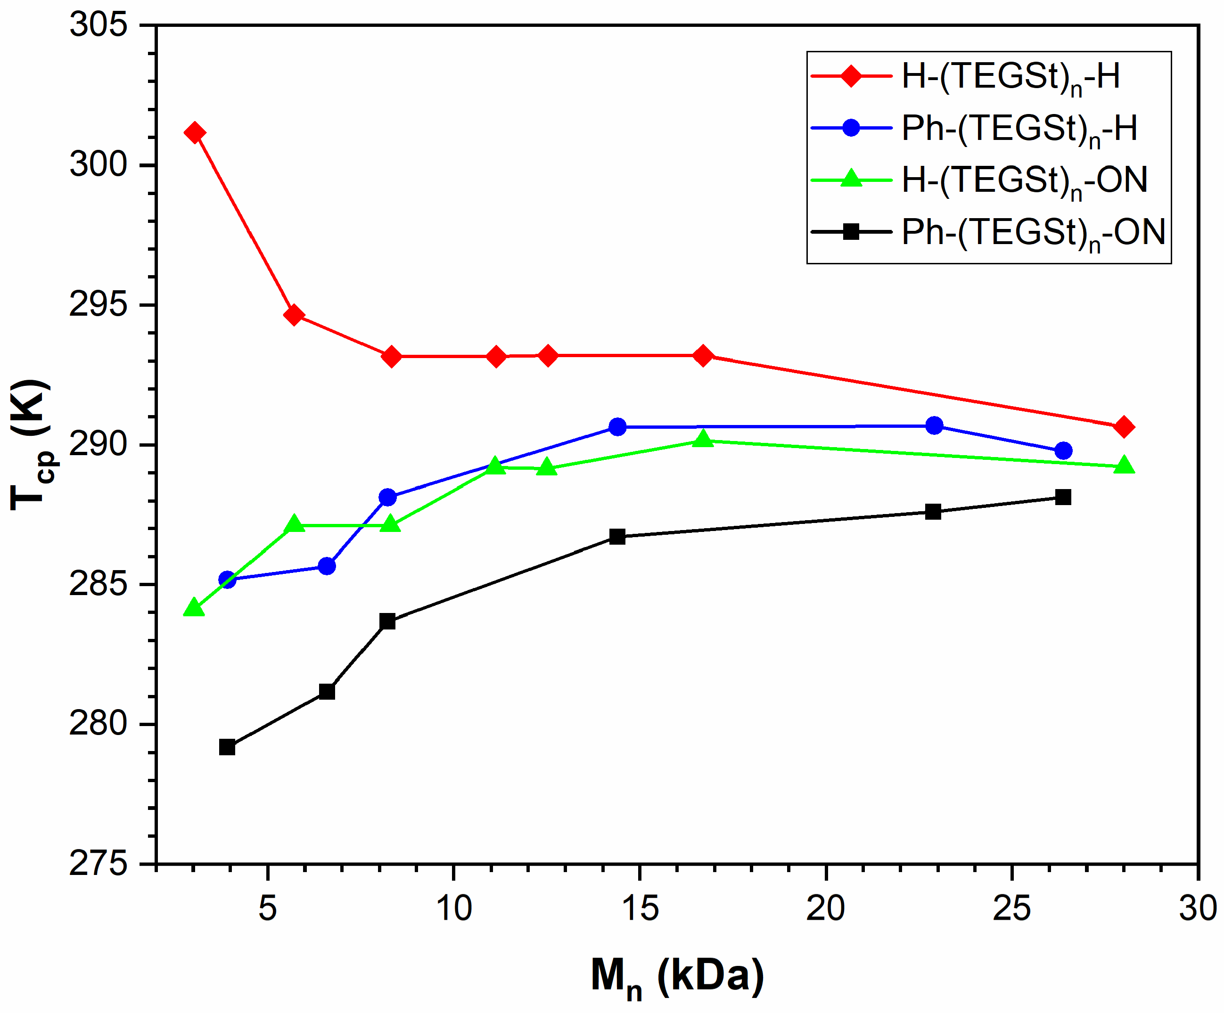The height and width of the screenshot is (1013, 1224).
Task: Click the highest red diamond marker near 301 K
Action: (x=194, y=133)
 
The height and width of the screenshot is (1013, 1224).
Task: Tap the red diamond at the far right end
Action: (x=1123, y=427)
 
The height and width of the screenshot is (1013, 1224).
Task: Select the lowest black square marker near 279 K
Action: (x=227, y=747)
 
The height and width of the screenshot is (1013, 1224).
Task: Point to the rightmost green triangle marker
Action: (x=1123, y=466)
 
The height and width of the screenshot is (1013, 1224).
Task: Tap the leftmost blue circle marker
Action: (x=227, y=580)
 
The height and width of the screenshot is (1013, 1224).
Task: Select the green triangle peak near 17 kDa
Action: (x=704, y=439)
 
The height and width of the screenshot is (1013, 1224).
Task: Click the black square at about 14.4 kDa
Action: (x=617, y=537)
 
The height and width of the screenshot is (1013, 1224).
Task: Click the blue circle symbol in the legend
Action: (x=851, y=128)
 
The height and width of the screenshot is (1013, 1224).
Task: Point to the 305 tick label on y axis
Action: (x=98, y=25)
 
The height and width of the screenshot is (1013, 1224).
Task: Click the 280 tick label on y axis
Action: (x=98, y=724)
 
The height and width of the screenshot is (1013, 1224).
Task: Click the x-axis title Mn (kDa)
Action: (x=677, y=976)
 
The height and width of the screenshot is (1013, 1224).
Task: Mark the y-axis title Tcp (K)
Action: (x=32, y=444)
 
